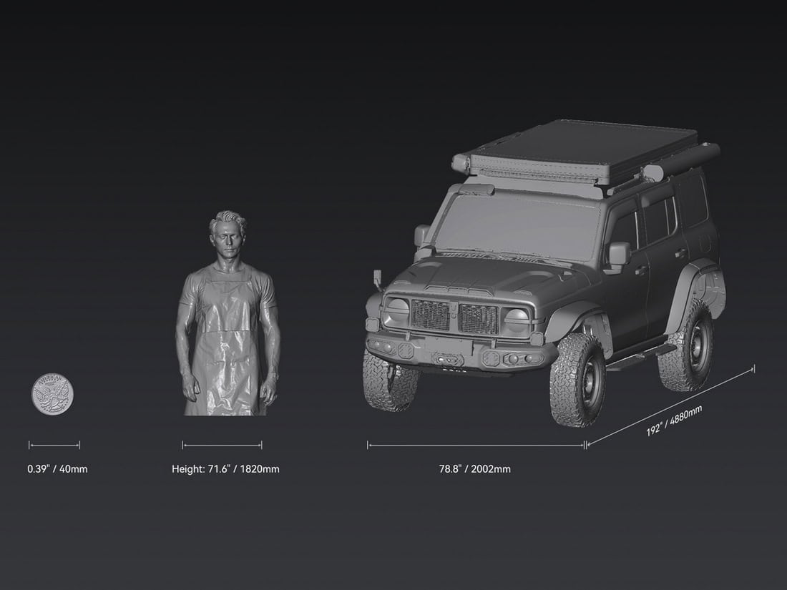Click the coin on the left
pos(53,394)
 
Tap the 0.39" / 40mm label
pos(57,469)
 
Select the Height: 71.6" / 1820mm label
pos(225,469)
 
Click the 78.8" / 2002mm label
pos(475,469)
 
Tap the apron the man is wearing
pos(225,343)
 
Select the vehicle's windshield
pos(519,225)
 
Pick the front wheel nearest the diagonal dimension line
pos(577,379)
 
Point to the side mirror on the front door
pos(619,255)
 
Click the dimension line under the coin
pos(54,445)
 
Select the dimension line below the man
pos(222,445)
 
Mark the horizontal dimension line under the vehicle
pos(476,445)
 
